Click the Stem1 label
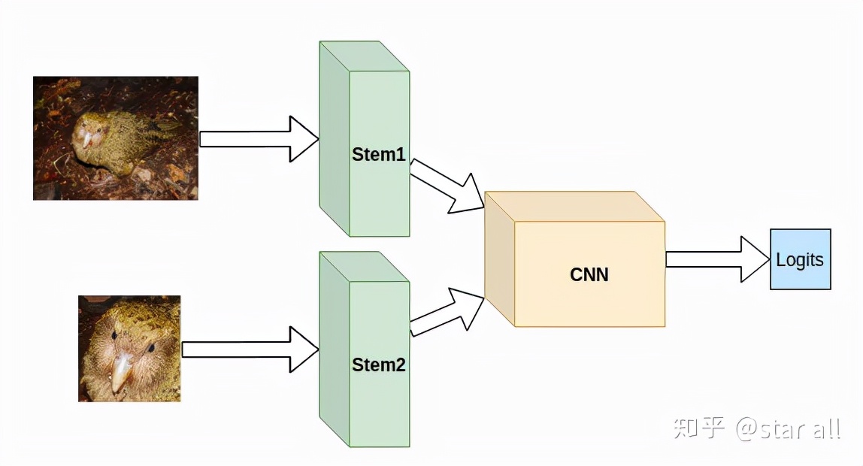point(379,156)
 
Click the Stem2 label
point(379,366)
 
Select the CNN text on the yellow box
point(589,274)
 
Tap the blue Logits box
point(800,259)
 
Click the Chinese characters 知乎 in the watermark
point(699,428)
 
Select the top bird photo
point(116,138)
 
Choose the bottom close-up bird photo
point(129,348)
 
